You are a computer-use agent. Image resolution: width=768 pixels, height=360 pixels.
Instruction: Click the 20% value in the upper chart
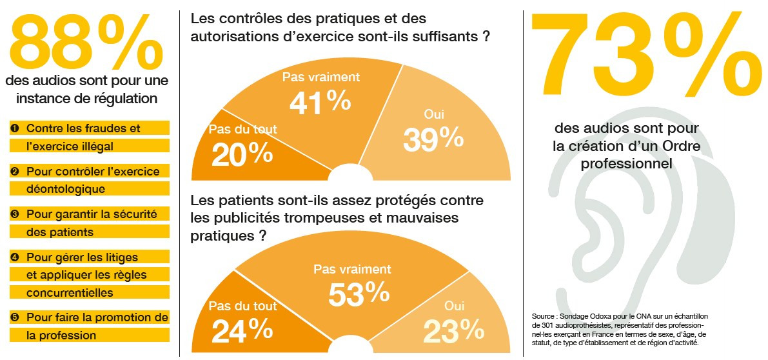(233, 154)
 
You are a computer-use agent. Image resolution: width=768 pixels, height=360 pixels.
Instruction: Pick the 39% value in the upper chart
(433, 139)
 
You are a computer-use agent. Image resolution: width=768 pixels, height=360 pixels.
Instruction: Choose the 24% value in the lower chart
(242, 330)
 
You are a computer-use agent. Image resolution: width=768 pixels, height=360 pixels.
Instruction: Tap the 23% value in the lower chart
(454, 330)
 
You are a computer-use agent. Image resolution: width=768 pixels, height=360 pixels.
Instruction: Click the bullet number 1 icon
(15, 128)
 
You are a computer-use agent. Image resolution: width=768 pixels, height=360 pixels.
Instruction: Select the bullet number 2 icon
(15, 172)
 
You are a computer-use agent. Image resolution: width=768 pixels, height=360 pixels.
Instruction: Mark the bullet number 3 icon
(15, 214)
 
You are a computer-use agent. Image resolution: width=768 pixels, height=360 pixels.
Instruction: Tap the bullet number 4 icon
(15, 257)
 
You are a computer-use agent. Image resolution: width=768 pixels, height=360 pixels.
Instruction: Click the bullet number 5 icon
(15, 317)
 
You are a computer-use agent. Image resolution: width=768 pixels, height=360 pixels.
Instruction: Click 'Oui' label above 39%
(433, 114)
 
